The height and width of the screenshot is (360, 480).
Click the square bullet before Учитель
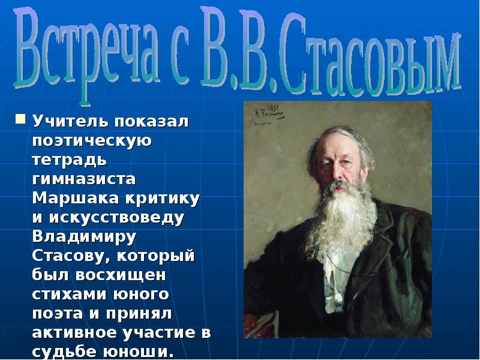coord(20,119)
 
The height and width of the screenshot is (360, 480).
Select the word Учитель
coord(70,121)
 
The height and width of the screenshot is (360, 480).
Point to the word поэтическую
coord(92,141)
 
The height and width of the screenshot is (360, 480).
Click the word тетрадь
coord(70,160)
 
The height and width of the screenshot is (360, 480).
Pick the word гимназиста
coord(84,179)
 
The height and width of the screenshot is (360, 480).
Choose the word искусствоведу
coord(116,218)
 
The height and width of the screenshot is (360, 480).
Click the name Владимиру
coord(84,237)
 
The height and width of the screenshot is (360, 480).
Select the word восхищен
coord(121,275)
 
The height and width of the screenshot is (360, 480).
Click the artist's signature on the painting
coord(268,114)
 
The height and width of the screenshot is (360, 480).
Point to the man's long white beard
coord(341,223)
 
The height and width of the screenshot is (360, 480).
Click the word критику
coord(162,199)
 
